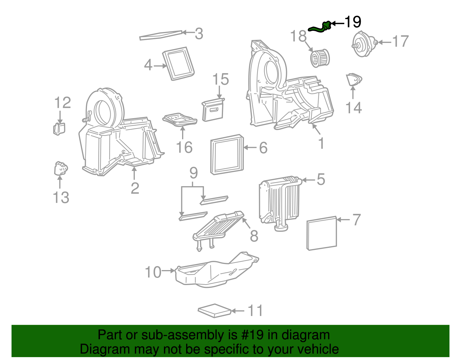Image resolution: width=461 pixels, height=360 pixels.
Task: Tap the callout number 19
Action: [353, 22]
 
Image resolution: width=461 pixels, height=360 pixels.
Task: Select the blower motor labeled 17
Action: [363, 44]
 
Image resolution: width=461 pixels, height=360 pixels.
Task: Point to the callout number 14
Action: [353, 108]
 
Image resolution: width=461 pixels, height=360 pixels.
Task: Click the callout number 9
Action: [194, 173]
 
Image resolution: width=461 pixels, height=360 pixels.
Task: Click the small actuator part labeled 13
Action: [61, 169]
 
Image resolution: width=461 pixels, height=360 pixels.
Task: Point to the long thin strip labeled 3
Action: [161, 35]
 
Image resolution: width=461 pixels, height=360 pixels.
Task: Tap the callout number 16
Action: [184, 147]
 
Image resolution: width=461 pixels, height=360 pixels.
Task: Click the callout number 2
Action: [135, 188]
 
